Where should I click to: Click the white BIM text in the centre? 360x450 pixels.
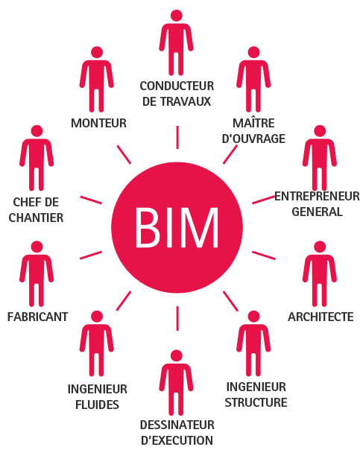point(177,227)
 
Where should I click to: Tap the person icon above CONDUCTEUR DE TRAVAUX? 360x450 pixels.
point(176,42)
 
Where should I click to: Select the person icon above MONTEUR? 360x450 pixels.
point(97,79)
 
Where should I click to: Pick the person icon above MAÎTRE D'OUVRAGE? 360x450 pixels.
point(253,79)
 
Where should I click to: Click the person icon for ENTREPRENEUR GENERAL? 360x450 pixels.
point(320,158)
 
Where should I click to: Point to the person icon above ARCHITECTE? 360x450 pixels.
point(320,273)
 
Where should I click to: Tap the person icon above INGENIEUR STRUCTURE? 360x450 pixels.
point(253,343)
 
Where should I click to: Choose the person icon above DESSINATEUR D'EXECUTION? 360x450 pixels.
point(176,383)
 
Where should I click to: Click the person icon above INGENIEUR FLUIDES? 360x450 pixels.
point(97,343)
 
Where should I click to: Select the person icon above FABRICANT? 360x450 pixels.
point(37,273)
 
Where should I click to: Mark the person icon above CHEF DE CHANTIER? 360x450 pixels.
point(37,158)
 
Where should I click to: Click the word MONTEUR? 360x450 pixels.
point(98,123)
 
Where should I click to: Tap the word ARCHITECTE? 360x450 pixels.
point(320,317)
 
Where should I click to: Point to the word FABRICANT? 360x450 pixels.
point(37,317)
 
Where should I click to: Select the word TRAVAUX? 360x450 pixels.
point(186,101)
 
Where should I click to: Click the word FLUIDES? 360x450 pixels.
point(97,405)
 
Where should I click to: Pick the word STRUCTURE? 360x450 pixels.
point(256,402)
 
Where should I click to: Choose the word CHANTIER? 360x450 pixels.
point(37,218)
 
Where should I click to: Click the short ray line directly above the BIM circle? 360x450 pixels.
point(177,137)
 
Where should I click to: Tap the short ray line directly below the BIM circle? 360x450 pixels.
point(177,318)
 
